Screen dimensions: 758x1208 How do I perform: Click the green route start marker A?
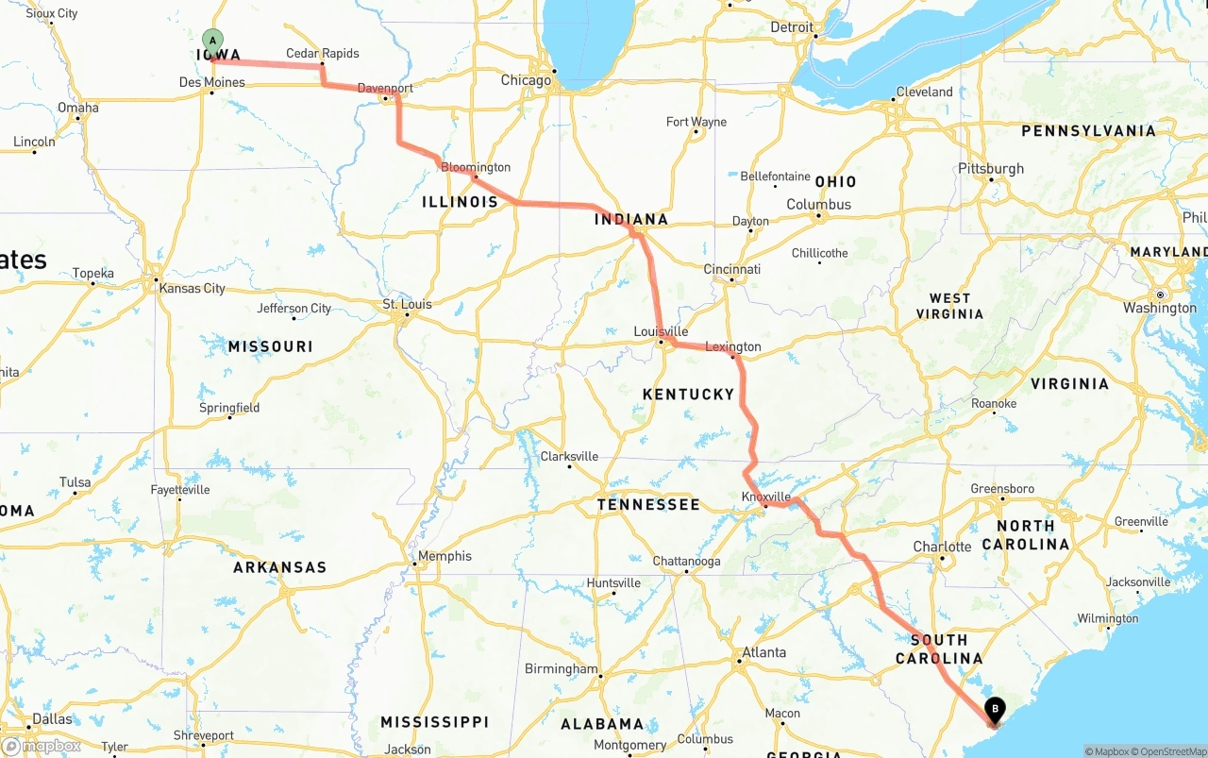pyautogui.click(x=213, y=41)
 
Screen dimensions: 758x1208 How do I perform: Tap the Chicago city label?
pyautogui.click(x=526, y=80)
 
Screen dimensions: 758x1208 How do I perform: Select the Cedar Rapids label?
pyautogui.click(x=323, y=54)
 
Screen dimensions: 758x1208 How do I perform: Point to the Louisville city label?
pyautogui.click(x=661, y=332)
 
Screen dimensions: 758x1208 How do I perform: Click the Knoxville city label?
pyautogui.click(x=765, y=497)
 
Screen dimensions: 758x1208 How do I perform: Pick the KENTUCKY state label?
pyautogui.click(x=688, y=394)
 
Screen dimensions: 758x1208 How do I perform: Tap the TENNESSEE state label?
pyautogui.click(x=648, y=505)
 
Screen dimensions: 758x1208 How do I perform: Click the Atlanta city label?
pyautogui.click(x=763, y=652)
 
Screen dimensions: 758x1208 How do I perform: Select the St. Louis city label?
pyautogui.click(x=407, y=304)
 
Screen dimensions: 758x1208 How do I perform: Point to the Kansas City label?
pyautogui.click(x=193, y=288)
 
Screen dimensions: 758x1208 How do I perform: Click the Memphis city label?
pyautogui.click(x=445, y=556)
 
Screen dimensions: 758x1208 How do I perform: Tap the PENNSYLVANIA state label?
pyautogui.click(x=1088, y=131)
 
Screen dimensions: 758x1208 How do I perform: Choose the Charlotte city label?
pyautogui.click(x=942, y=547)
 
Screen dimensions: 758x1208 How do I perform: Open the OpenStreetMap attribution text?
pyautogui.click(x=1169, y=751)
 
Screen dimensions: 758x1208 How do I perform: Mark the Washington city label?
pyautogui.click(x=1160, y=308)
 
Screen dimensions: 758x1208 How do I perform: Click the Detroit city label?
pyautogui.click(x=791, y=27)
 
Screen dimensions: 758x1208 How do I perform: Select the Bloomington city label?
pyautogui.click(x=476, y=167)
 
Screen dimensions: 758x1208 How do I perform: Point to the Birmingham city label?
pyautogui.click(x=561, y=668)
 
